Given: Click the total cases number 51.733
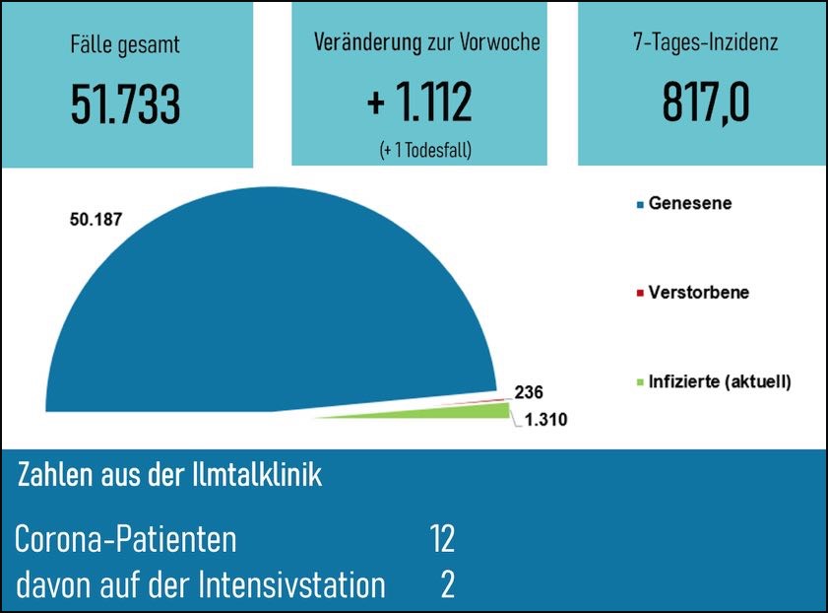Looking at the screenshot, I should pos(125,102).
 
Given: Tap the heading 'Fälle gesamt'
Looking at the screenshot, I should pos(125,44).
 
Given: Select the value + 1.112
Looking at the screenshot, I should pos(418,102).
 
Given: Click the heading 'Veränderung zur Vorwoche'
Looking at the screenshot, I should pos(427,43).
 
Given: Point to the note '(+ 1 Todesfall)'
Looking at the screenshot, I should pos(425,150).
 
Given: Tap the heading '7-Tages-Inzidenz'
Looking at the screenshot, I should pos(705,44).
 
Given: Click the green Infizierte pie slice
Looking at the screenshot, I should pos(463,412).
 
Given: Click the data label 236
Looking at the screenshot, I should pos(529,391).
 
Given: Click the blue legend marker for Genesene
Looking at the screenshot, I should pos(641,204).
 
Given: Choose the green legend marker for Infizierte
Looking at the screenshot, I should pos(641,381).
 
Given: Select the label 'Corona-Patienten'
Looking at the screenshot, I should pos(126,540).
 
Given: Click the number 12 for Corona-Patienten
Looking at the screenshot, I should pos(442,540).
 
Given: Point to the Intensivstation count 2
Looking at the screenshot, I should pos(448,585).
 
